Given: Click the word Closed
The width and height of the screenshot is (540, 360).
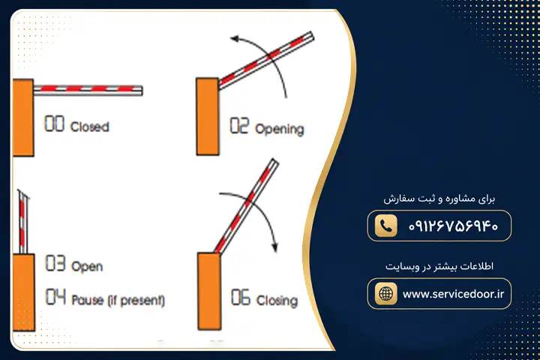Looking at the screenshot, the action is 89,127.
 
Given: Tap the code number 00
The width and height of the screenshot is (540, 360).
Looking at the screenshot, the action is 55,124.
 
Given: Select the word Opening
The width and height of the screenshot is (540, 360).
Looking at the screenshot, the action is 279,129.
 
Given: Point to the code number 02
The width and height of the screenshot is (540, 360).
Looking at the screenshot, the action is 239,125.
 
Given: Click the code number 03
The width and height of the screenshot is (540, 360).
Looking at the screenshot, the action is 55,263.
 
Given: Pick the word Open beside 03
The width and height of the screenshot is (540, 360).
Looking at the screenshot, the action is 87,266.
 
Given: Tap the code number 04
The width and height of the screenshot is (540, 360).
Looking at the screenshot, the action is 55,296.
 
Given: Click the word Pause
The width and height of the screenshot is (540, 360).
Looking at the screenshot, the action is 88,299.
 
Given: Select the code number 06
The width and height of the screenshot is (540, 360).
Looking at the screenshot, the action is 241,297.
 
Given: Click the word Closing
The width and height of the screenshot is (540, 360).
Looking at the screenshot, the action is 277,300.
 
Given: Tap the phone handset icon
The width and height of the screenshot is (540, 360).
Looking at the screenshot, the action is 385,226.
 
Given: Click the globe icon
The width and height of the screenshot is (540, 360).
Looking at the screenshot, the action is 385,293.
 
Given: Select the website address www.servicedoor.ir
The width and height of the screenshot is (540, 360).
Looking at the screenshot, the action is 453,294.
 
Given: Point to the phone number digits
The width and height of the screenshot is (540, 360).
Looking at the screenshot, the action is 453,226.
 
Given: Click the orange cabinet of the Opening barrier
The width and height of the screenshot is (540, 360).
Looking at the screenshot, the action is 208,116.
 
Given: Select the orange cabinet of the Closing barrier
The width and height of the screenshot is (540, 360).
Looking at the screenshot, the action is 209,291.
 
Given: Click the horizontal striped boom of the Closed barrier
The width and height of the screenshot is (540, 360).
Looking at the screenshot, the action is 88,90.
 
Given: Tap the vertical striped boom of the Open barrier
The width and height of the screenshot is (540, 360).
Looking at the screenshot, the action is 23,222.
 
